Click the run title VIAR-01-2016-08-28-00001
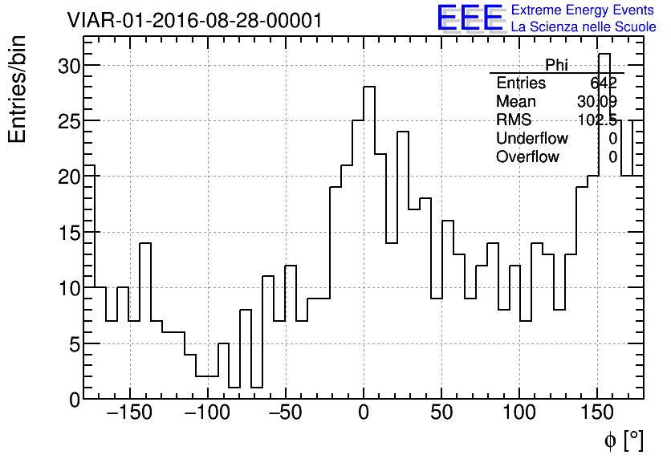[x=194, y=21]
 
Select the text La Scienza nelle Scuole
[x=584, y=27]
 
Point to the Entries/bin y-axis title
[x=18, y=89]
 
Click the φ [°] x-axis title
[x=623, y=440]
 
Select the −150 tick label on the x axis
[x=129, y=413]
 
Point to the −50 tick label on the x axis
[x=286, y=413]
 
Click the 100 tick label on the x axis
[x=519, y=413]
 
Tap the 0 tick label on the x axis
[x=364, y=413]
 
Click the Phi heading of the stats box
[x=556, y=65]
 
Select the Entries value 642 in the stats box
[x=604, y=83]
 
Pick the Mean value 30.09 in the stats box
[x=596, y=102]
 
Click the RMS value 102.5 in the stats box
[x=597, y=120]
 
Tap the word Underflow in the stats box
[x=531, y=139]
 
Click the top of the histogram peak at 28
[x=369, y=87]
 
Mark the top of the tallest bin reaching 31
[x=604, y=54]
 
